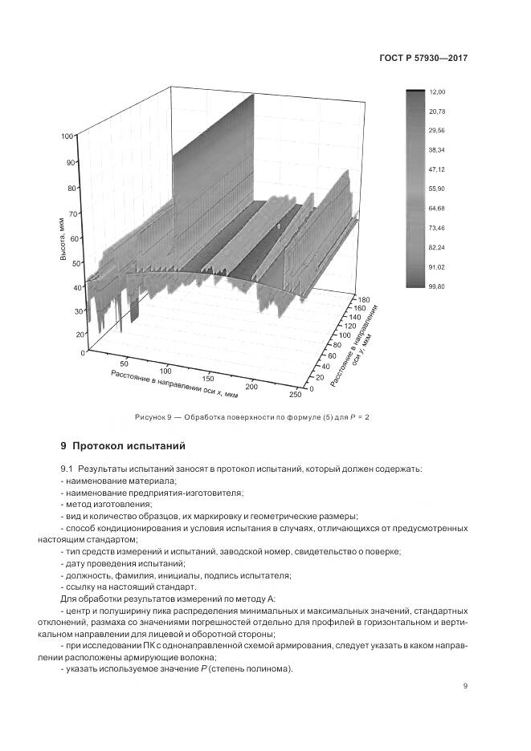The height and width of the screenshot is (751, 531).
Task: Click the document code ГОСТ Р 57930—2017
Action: click(x=423, y=59)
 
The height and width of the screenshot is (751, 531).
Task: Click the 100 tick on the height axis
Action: click(x=67, y=136)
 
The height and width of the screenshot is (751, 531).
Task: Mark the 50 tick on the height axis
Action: click(x=78, y=262)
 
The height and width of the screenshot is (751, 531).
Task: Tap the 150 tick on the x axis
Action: click(x=207, y=377)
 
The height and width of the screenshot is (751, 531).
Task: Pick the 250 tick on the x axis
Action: click(x=295, y=393)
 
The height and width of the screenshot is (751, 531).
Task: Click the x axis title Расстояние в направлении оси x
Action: click(x=174, y=386)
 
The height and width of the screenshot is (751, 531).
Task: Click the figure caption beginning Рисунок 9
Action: click(x=251, y=417)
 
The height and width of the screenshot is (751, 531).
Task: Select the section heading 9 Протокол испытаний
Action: click(x=123, y=445)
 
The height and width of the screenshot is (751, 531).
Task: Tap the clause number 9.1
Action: click(x=67, y=468)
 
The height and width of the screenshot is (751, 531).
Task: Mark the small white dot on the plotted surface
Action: click(x=278, y=227)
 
